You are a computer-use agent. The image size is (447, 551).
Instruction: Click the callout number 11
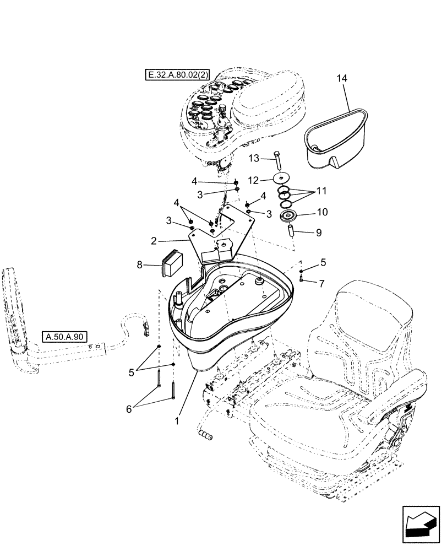pyautogui.click(x=321, y=191)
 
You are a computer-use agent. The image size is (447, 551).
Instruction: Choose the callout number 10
pyautogui.click(x=321, y=212)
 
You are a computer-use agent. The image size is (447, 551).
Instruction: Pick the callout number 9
pyautogui.click(x=319, y=233)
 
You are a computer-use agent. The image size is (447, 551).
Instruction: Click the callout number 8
pyautogui.click(x=141, y=265)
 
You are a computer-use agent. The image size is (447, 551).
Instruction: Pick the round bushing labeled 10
pyautogui.click(x=288, y=217)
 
